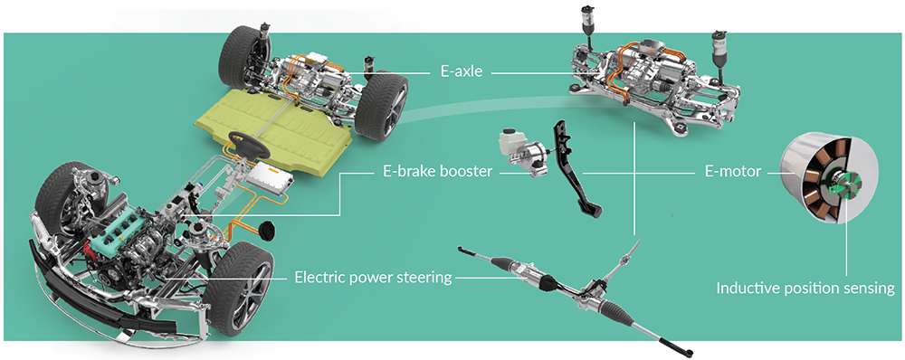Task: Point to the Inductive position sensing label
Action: coord(805,289)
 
